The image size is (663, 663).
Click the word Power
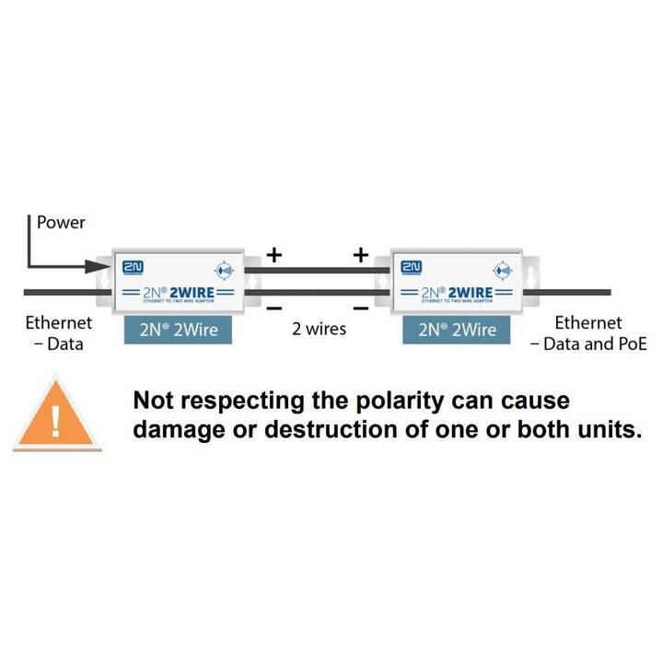pyautogui.click(x=61, y=223)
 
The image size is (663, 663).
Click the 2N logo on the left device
pyautogui.click(x=134, y=267)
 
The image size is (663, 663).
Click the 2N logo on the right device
pyautogui.click(x=412, y=267)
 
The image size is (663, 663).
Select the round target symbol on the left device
pyautogui.click(x=224, y=272)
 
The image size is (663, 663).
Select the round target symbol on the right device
pyautogui.click(x=502, y=272)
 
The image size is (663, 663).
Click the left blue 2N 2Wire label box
pyautogui.click(x=177, y=329)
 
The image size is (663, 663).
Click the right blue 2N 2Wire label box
pyautogui.click(x=457, y=329)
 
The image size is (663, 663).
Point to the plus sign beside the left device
pyautogui.click(x=273, y=254)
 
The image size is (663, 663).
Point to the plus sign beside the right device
pyautogui.click(x=361, y=254)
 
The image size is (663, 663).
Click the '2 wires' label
pyautogui.click(x=318, y=329)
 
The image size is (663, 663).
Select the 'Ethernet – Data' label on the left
pyautogui.click(x=58, y=333)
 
